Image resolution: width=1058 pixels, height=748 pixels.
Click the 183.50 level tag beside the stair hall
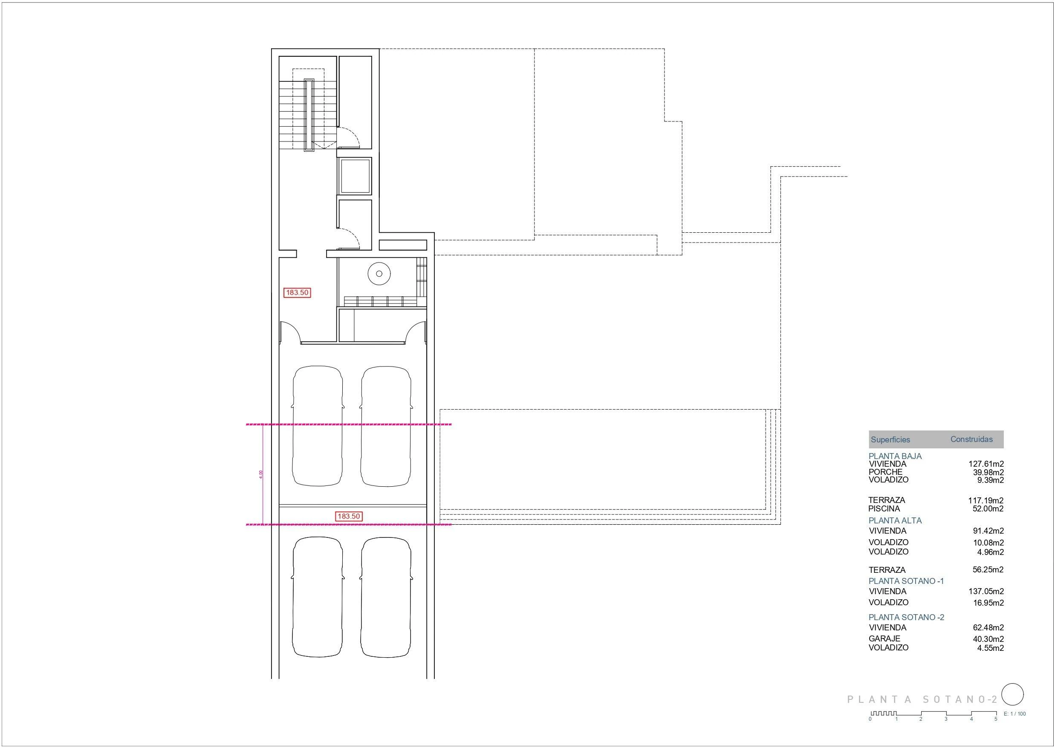(x=297, y=293)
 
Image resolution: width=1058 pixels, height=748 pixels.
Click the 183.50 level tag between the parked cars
(x=349, y=516)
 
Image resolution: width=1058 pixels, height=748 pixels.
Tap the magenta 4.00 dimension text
(x=261, y=474)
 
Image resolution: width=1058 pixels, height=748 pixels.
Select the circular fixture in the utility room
(x=379, y=274)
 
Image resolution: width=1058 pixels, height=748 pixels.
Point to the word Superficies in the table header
(x=890, y=440)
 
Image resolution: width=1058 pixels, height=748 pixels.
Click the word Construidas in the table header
(x=971, y=439)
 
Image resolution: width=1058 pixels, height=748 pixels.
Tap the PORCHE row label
(x=885, y=472)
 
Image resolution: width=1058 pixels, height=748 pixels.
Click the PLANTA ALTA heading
(x=895, y=521)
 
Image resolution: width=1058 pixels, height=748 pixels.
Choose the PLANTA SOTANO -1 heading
(x=906, y=581)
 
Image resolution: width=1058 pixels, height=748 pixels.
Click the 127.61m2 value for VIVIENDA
(x=986, y=464)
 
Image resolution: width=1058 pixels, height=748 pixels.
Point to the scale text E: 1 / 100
(x=1014, y=714)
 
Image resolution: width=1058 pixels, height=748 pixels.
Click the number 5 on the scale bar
(x=996, y=719)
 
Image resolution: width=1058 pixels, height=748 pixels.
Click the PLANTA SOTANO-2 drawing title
(x=922, y=699)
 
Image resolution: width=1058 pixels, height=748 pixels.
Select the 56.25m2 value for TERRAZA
(x=988, y=570)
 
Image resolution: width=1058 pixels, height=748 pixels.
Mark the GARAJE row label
(x=884, y=639)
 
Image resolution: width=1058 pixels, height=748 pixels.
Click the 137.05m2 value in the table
(x=986, y=591)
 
